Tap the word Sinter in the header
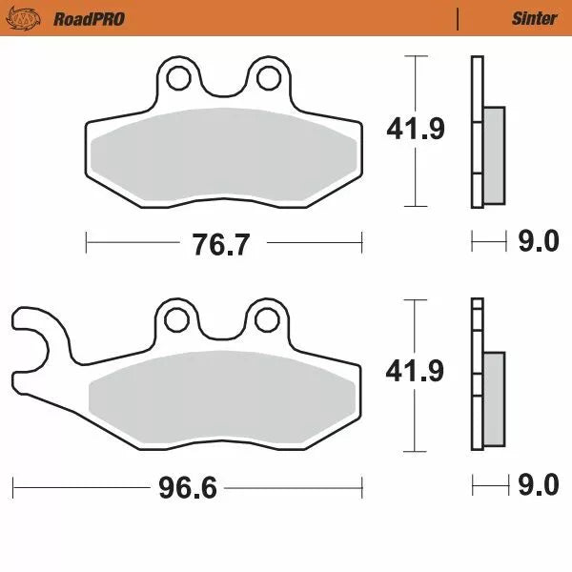(534, 18)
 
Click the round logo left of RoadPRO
(31, 18)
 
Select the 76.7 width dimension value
(221, 245)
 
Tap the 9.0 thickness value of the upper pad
(538, 243)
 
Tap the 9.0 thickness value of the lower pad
(538, 486)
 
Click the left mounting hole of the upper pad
(179, 77)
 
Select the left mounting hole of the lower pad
(178, 319)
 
